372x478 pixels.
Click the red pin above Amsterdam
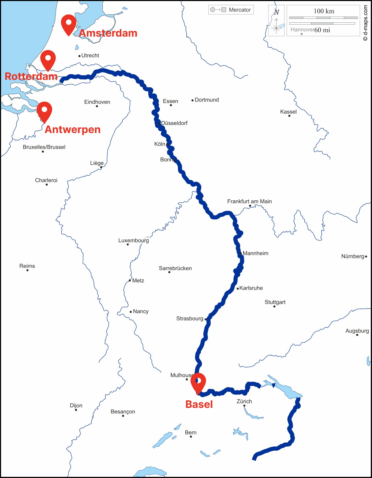pyautogui.click(x=68, y=24)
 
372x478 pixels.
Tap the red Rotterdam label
pyautogui.click(x=31, y=76)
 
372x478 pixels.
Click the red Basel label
pyautogui.click(x=199, y=404)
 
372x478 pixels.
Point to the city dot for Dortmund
pyautogui.click(x=192, y=100)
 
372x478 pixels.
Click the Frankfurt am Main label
pyautogui.click(x=249, y=201)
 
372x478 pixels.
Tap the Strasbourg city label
pyautogui.click(x=189, y=318)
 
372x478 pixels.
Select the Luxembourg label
pyautogui.click(x=133, y=240)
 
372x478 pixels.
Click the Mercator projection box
pyautogui.click(x=231, y=10)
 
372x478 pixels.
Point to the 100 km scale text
pyautogui.click(x=324, y=11)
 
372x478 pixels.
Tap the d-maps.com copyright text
pyautogui.click(x=365, y=23)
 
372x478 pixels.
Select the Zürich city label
pyautogui.click(x=244, y=401)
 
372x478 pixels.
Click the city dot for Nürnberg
pyautogui.click(x=366, y=257)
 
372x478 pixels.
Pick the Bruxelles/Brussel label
pyautogui.click(x=44, y=147)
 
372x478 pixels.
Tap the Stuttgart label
pyautogui.click(x=275, y=302)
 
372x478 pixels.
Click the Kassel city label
pyautogui.click(x=288, y=112)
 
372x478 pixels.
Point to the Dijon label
pyautogui.click(x=76, y=405)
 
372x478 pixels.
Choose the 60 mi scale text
pyautogui.click(x=322, y=30)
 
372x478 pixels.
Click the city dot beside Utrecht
pyautogui.click(x=80, y=56)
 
